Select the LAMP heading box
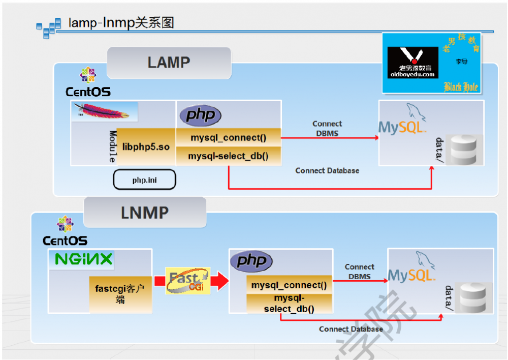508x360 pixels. pos(169,63)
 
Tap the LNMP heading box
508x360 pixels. pos(145,213)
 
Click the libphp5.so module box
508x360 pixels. pos(146,146)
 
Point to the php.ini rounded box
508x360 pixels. pos(144,180)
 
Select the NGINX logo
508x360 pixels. pos(84,259)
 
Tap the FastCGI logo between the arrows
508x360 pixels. pos(187,281)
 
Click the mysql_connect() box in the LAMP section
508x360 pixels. pos(228,137)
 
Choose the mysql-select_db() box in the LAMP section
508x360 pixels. pos(228,156)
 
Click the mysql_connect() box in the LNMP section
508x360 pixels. pos(289,285)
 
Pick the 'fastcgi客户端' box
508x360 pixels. pos(120,294)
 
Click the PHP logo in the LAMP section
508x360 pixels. pos(200,115)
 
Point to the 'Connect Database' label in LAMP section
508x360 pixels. pos(327,171)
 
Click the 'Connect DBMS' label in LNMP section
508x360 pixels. pos(359,272)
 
